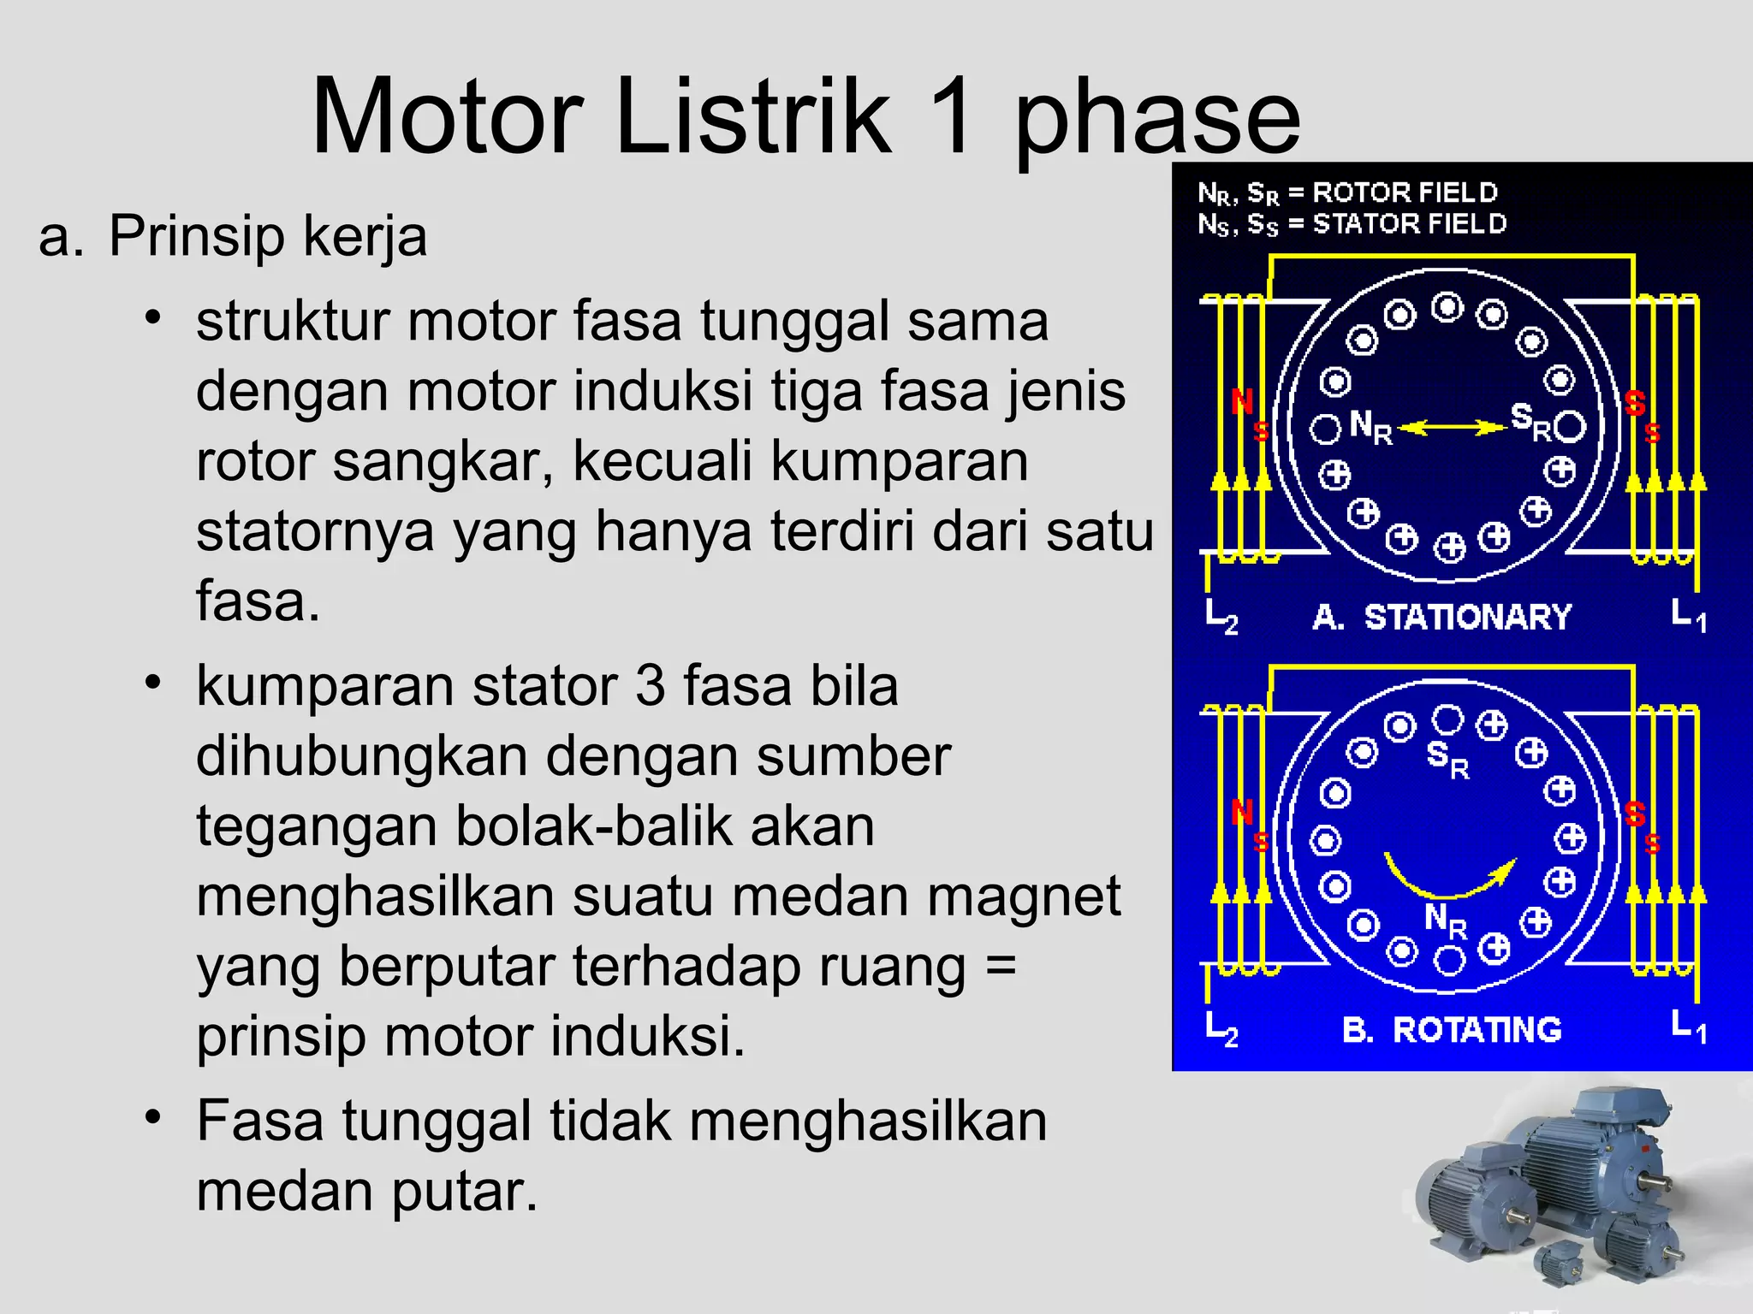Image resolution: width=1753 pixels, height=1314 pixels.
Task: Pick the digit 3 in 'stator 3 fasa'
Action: pyautogui.click(x=650, y=686)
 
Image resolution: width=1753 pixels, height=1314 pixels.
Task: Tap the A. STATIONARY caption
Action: pyautogui.click(x=1442, y=617)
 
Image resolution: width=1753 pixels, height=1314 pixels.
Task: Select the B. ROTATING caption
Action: pyautogui.click(x=1452, y=1029)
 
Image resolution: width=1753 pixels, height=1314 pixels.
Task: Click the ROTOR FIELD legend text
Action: pyautogui.click(x=1405, y=192)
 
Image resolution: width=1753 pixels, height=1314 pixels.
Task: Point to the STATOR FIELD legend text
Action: pyautogui.click(x=1409, y=224)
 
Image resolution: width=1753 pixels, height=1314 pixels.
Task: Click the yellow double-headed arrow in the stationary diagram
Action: pyautogui.click(x=1451, y=426)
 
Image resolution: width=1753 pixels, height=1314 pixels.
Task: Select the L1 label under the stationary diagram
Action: pyautogui.click(x=1688, y=614)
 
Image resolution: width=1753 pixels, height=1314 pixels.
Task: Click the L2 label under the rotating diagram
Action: pyautogui.click(x=1221, y=1029)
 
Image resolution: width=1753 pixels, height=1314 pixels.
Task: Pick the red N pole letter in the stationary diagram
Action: pyautogui.click(x=1241, y=401)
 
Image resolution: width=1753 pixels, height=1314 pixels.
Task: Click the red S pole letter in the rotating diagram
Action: pyautogui.click(x=1635, y=814)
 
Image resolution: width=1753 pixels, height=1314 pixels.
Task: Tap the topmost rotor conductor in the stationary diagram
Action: pyautogui.click(x=1447, y=306)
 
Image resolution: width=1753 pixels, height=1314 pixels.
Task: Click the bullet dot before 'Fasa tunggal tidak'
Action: pyautogui.click(x=153, y=1117)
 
